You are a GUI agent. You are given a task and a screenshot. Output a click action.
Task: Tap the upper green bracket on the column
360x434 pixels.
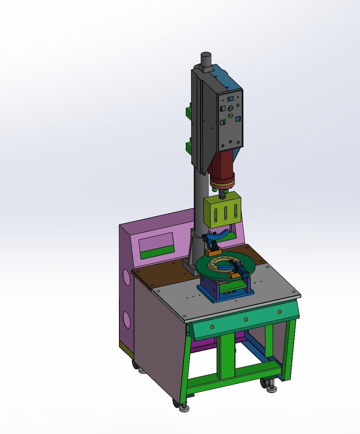(x=189, y=112)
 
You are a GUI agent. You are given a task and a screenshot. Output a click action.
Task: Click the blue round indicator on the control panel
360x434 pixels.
(x=238, y=142)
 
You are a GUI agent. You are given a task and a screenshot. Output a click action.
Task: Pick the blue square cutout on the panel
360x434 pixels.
(x=238, y=119)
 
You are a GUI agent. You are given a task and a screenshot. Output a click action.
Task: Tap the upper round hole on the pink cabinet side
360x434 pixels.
(x=126, y=278)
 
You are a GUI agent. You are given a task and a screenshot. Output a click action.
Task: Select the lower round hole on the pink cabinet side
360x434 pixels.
(x=127, y=320)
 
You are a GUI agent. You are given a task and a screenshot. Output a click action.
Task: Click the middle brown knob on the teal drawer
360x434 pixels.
(x=246, y=319)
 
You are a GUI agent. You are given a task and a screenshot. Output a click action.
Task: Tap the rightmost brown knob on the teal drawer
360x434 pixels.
(x=280, y=312)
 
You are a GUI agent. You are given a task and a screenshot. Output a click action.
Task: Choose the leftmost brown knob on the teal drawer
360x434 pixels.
(x=212, y=327)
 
